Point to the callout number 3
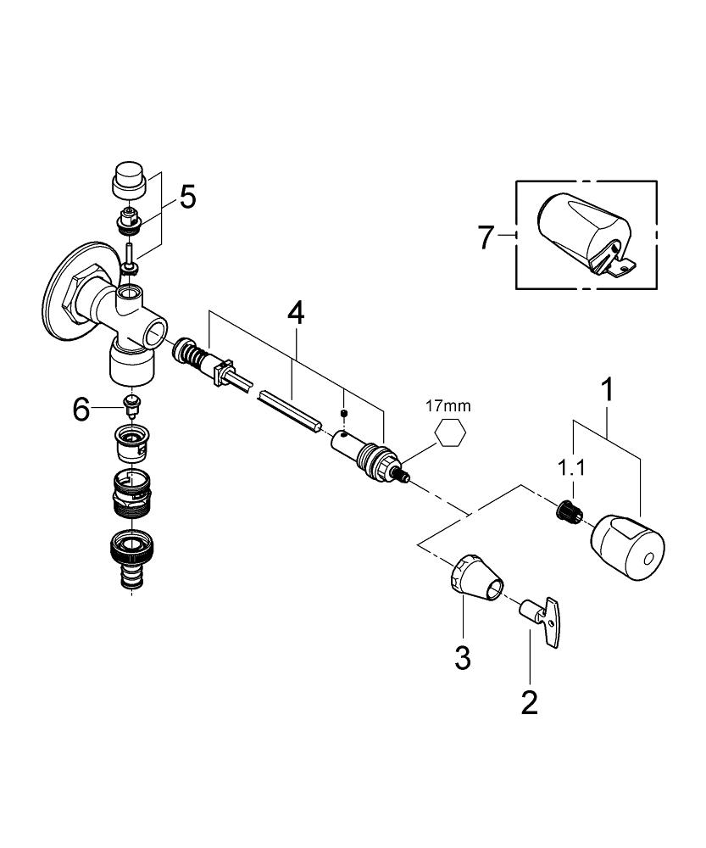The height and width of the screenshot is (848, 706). point(462,657)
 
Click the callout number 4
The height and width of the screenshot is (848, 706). point(295,312)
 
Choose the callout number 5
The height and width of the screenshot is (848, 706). point(186,197)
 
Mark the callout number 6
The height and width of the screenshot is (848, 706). point(81,410)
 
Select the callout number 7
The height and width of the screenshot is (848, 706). point(485,237)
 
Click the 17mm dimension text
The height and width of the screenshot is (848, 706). point(449,406)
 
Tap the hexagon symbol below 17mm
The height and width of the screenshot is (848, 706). point(450,434)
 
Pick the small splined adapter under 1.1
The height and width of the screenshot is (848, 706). point(566,511)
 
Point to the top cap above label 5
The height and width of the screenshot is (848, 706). point(130,181)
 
